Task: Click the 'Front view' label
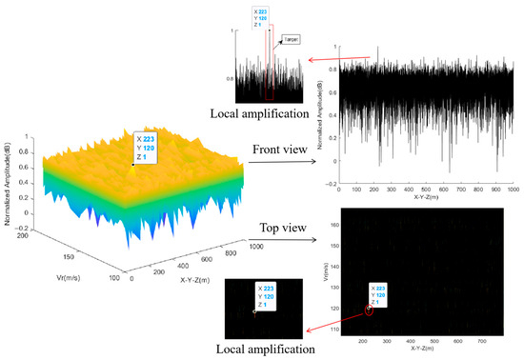coord(278,150)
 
